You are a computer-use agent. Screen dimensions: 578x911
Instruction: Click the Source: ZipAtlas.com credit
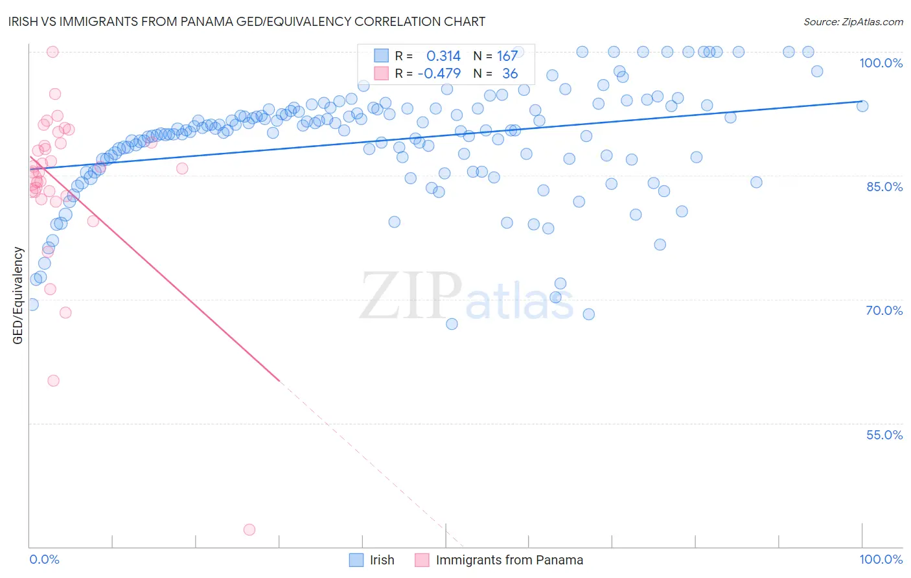click(853, 21)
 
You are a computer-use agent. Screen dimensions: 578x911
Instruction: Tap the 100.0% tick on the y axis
click(881, 63)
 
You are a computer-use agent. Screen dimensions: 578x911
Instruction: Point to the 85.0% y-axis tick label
click(884, 187)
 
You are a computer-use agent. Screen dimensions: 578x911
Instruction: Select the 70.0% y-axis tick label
click(884, 310)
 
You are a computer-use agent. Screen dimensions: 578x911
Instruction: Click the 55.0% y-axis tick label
click(884, 435)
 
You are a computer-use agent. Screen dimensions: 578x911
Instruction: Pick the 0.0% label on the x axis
click(44, 559)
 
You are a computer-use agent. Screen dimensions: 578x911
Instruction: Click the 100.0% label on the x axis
click(881, 559)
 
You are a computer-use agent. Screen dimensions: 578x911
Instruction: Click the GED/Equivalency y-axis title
click(18, 295)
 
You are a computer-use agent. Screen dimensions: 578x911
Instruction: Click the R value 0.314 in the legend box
click(443, 56)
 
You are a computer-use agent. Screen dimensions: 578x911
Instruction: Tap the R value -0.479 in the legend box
click(439, 74)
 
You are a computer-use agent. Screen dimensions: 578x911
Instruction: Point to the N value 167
click(507, 56)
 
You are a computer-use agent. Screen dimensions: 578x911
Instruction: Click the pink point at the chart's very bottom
click(249, 529)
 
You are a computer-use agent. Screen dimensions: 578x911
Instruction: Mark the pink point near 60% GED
click(53, 380)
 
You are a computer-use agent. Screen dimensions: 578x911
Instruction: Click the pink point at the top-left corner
click(52, 52)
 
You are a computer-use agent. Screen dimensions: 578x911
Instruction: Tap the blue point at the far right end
click(862, 106)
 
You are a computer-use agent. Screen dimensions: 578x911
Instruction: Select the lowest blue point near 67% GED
click(452, 324)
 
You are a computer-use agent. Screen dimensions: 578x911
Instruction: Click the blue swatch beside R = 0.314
click(382, 56)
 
